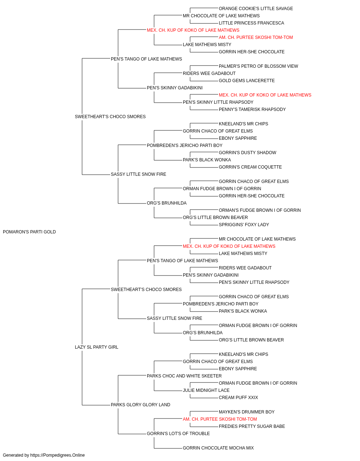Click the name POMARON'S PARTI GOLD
[x=29, y=232]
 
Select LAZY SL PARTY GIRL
[x=96, y=347]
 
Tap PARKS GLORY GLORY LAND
[x=140, y=405]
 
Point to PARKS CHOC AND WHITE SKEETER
[x=184, y=376]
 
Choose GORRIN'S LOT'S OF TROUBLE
[x=178, y=434]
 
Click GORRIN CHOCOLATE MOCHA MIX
[x=218, y=448]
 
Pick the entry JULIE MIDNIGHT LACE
[x=206, y=390]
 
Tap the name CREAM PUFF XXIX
[x=238, y=398]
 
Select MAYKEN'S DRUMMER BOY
[x=247, y=412]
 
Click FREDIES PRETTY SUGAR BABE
[x=252, y=426]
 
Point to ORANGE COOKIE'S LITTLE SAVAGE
[x=256, y=9]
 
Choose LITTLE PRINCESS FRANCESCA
[x=251, y=23]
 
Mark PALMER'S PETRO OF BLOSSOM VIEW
[x=258, y=66]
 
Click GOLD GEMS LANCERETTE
[x=247, y=81]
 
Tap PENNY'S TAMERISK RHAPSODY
[x=252, y=109]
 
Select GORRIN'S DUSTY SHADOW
[x=247, y=153]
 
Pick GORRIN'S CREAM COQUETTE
[x=250, y=167]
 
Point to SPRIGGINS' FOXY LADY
[x=244, y=225]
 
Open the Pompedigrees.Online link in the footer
[x=58, y=455]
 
